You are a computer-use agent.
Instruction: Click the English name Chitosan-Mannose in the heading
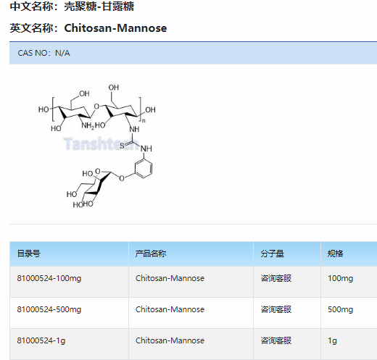point(115,28)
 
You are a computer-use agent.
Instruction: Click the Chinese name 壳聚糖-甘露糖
point(99,7)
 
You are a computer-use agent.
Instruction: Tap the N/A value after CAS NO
point(62,53)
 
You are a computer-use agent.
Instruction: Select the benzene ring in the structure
point(144,168)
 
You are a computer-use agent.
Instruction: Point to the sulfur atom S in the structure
point(122,146)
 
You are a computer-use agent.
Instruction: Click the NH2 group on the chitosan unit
point(88,125)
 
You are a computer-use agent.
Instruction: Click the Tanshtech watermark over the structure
point(101,143)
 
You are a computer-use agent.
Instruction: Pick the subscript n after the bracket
point(144,120)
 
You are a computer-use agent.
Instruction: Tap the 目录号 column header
point(28,254)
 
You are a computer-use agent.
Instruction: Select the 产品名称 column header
point(151,254)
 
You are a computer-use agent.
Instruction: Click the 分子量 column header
point(272,254)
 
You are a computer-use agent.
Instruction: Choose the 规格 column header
point(335,254)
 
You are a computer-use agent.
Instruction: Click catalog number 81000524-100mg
point(49,278)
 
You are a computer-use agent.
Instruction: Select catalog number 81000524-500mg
point(49,309)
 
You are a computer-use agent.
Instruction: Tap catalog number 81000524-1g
point(41,340)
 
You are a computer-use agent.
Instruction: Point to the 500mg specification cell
point(340,309)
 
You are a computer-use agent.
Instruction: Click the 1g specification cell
point(332,340)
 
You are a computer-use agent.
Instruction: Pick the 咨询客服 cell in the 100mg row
point(275,278)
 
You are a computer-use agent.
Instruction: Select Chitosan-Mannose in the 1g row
point(170,340)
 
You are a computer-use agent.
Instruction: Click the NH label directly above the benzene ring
point(146,148)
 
